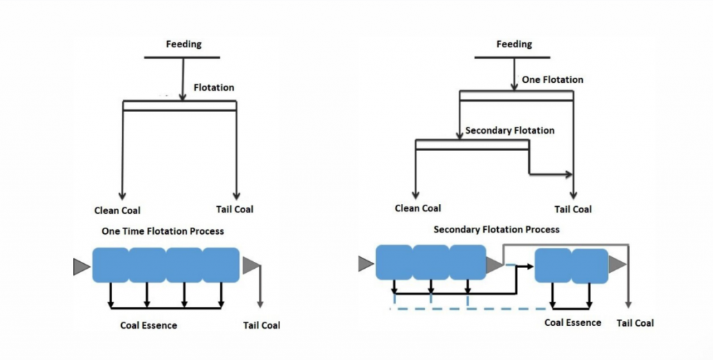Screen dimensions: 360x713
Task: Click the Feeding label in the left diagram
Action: pyautogui.click(x=183, y=45)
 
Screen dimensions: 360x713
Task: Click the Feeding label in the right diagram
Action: pyautogui.click(x=514, y=45)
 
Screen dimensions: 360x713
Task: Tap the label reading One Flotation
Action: pyautogui.click(x=552, y=80)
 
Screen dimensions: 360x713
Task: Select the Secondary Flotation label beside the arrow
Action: pyautogui.click(x=510, y=130)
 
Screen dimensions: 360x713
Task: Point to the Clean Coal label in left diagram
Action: pyautogui.click(x=117, y=210)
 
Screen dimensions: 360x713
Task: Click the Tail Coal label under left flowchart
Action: pyautogui.click(x=230, y=209)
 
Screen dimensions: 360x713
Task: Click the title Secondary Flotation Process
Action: pyautogui.click(x=496, y=229)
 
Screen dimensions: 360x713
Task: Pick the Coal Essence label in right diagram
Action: pyautogui.click(x=572, y=322)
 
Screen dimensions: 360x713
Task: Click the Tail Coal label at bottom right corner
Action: pyautogui.click(x=635, y=323)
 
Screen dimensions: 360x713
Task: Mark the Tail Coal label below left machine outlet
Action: pyautogui.click(x=261, y=325)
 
